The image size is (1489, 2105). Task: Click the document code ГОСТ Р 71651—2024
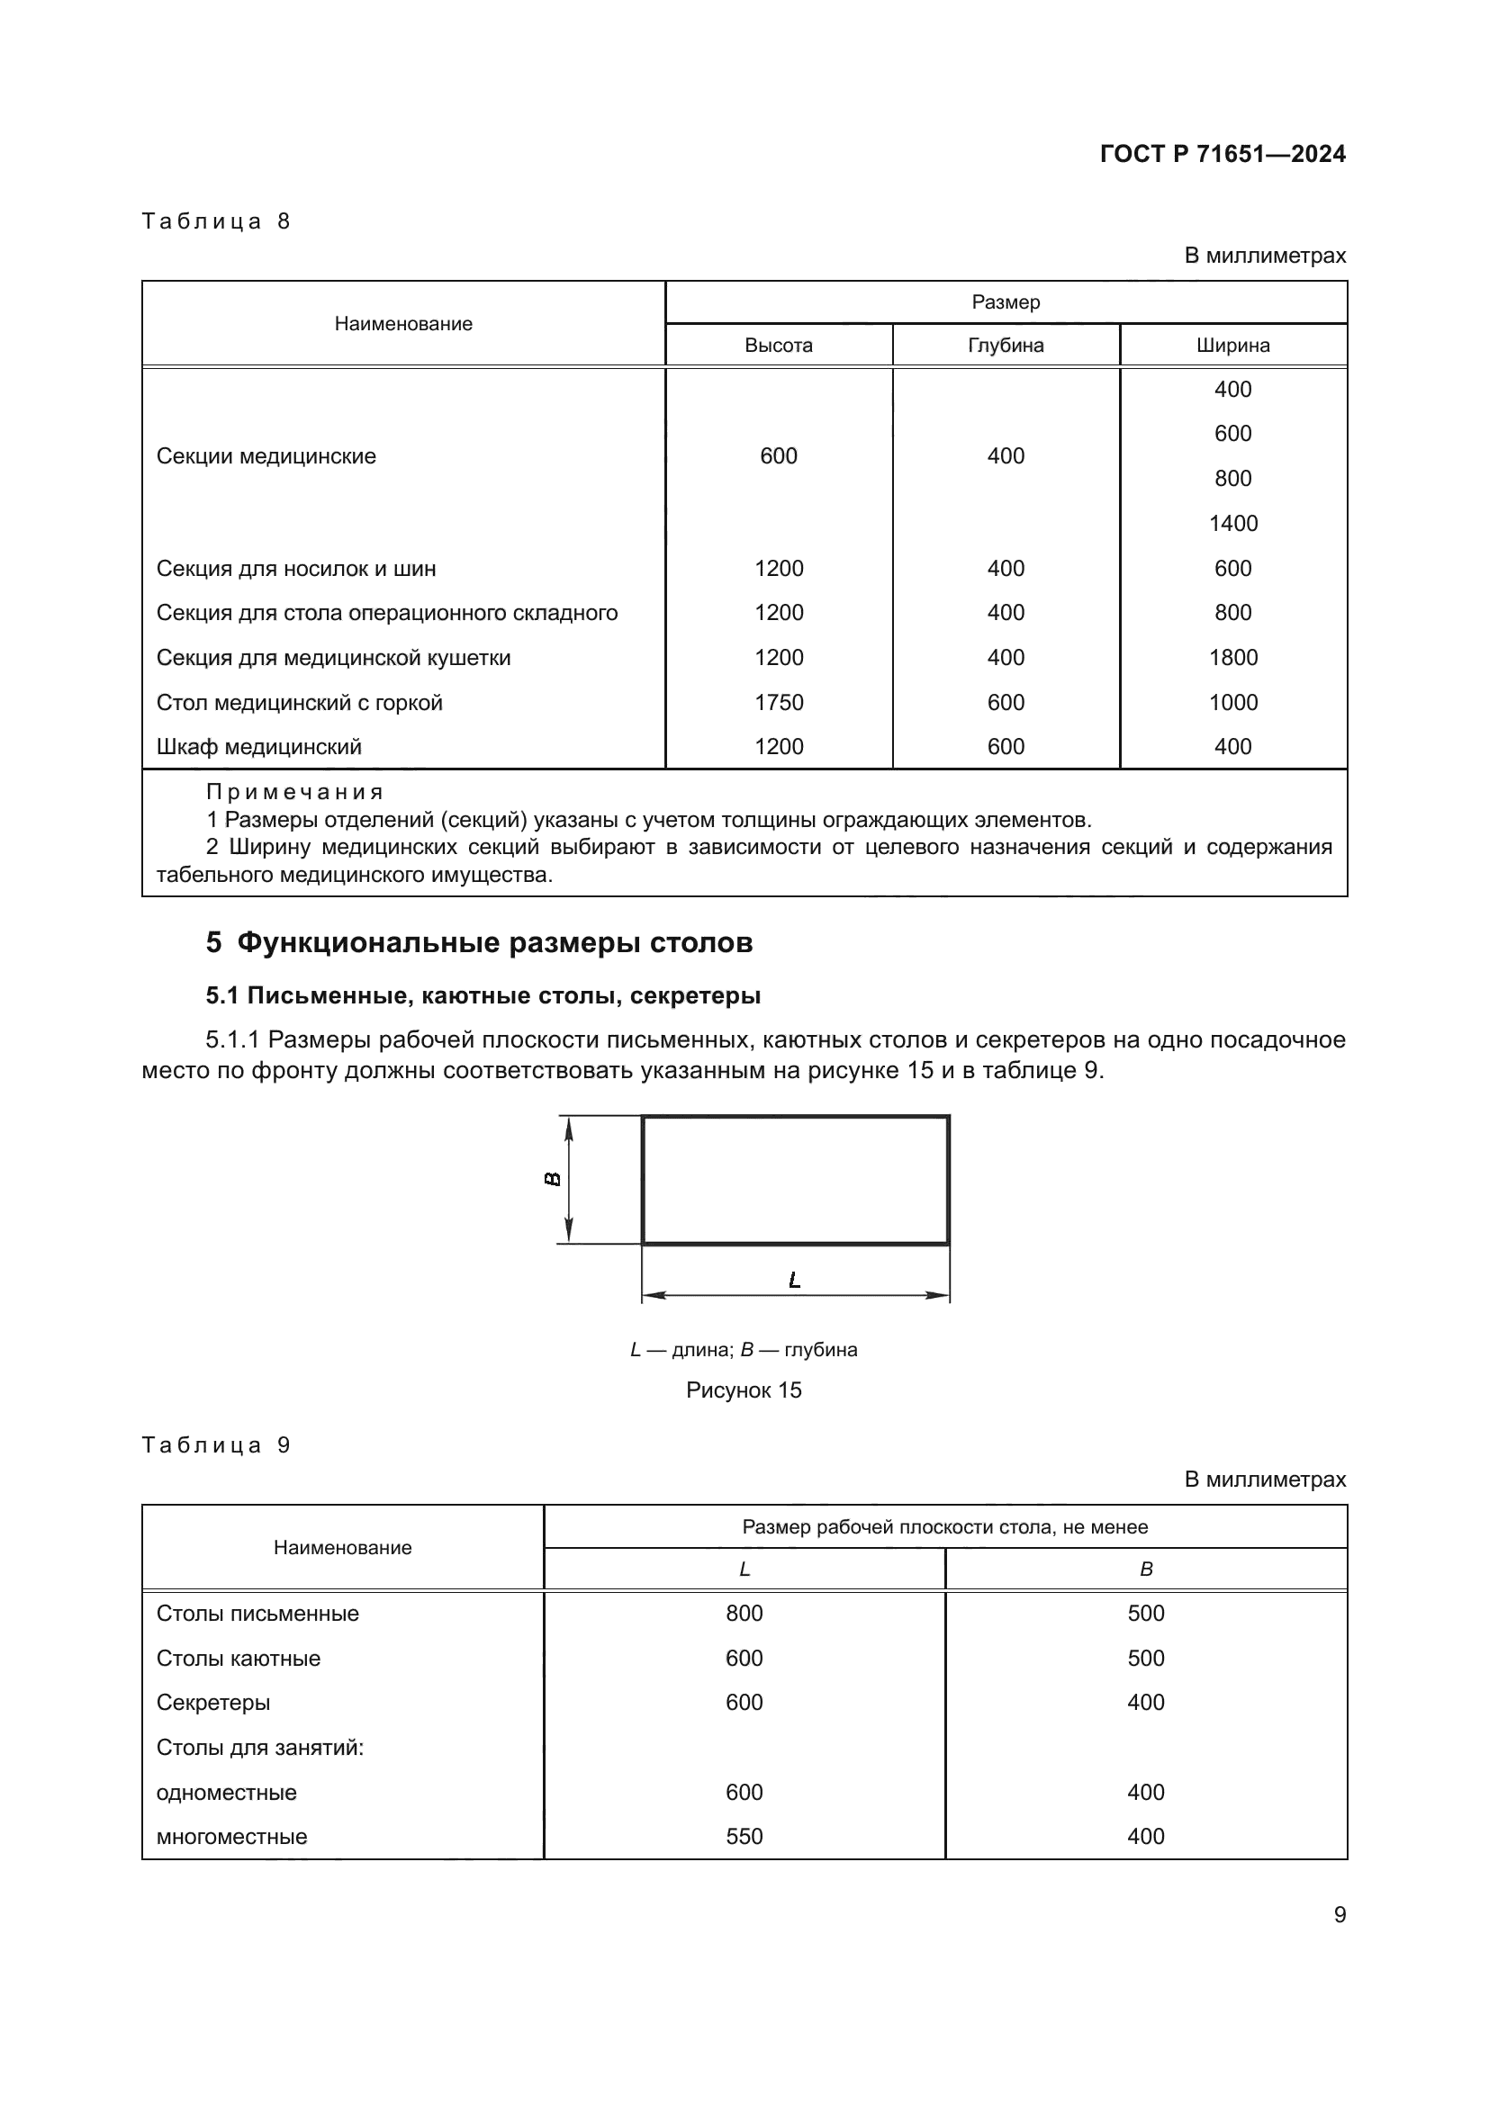[x=1223, y=154]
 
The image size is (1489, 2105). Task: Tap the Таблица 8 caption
[x=215, y=221]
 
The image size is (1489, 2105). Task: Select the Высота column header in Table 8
[x=779, y=346]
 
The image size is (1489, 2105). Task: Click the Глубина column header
[x=1005, y=346]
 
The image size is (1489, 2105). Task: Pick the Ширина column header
[x=1232, y=346]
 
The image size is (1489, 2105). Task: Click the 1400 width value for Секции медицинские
[x=1232, y=524]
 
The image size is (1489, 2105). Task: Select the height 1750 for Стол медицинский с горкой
[x=779, y=702]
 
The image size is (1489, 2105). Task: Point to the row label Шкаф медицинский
[x=258, y=746]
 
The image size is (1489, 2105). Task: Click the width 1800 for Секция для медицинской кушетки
[x=1232, y=657]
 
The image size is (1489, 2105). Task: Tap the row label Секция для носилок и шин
[x=295, y=569]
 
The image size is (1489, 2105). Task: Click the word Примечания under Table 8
[x=293, y=791]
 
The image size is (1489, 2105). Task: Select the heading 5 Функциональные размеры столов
[x=479, y=942]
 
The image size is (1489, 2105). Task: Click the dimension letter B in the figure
[x=553, y=1179]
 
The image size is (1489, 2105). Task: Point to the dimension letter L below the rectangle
[x=794, y=1280]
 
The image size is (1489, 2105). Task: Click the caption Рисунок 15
[x=744, y=1390]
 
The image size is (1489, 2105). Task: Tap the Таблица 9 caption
[x=215, y=1445]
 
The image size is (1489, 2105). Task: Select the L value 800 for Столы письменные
[x=744, y=1613]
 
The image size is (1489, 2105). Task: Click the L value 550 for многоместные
[x=744, y=1837]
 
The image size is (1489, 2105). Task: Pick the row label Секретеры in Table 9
[x=212, y=1703]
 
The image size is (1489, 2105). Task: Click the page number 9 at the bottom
[x=1340, y=1914]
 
